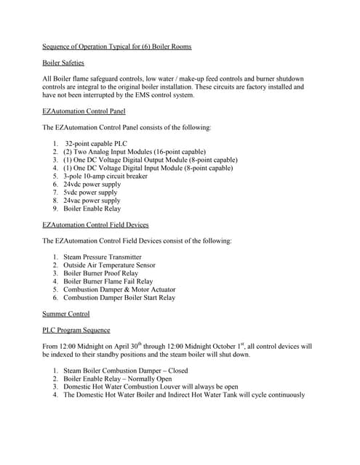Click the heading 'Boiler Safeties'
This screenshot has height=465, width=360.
pos(63,63)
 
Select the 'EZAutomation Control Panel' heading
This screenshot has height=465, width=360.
pos(84,111)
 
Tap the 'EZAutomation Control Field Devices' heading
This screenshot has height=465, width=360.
pos(95,225)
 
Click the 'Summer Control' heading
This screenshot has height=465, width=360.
pos(66,314)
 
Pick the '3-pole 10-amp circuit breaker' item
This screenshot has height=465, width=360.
pos(105,176)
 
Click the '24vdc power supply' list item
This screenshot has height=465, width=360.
pos(92,185)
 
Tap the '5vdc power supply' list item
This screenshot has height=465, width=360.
pos(90,193)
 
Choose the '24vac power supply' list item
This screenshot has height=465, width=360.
pos(92,201)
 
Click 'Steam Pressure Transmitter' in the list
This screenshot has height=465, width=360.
pos(103,257)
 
